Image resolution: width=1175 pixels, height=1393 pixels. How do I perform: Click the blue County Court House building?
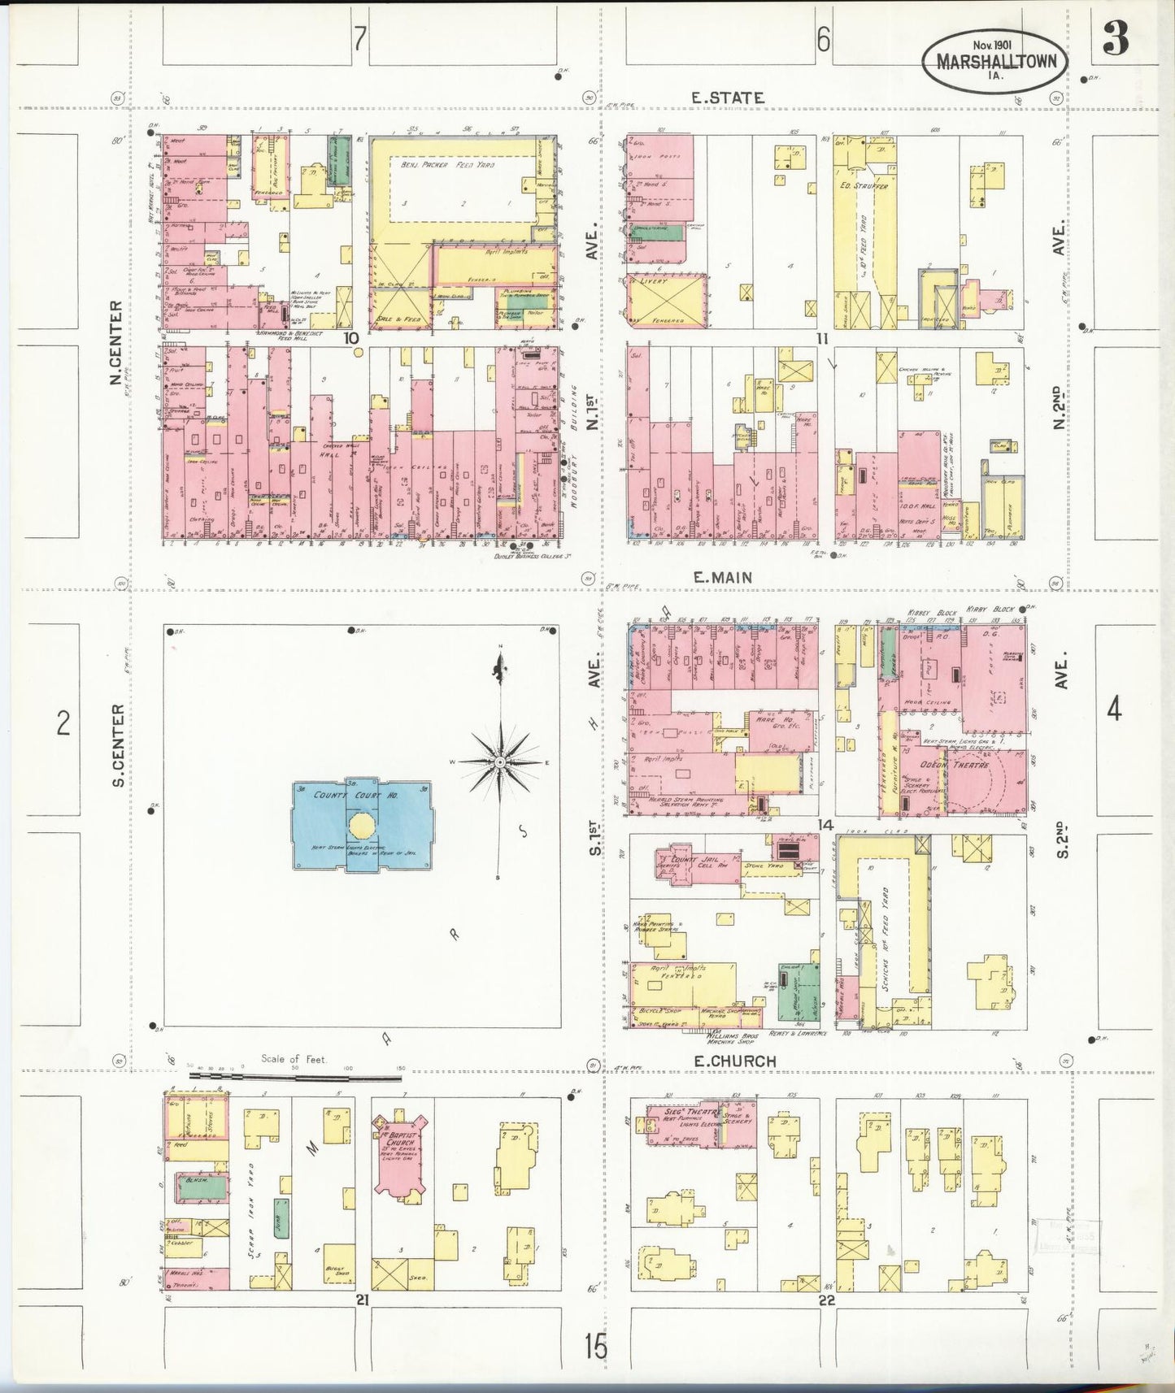(x=362, y=825)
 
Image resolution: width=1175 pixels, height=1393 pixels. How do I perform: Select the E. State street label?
(x=727, y=98)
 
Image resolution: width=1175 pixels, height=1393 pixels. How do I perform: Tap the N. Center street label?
(x=115, y=343)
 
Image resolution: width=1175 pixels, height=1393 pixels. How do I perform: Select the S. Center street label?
(x=118, y=745)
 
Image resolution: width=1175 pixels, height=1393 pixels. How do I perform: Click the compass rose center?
(x=501, y=762)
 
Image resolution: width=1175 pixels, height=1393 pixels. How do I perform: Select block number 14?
(x=826, y=825)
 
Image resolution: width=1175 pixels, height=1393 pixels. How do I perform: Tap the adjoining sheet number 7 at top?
(x=359, y=39)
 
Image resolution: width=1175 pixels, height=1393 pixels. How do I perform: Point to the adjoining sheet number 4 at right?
(x=1114, y=710)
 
